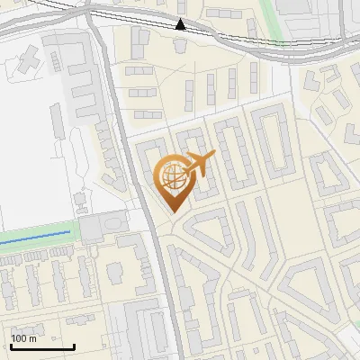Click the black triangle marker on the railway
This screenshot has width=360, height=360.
coord(181,24)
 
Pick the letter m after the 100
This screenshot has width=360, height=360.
coord(33,338)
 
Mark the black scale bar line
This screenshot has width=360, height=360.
coord(42,346)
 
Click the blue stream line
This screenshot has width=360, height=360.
coord(36,235)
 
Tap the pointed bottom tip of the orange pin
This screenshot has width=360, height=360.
coord(171,211)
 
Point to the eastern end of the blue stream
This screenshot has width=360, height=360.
coord(69,232)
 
